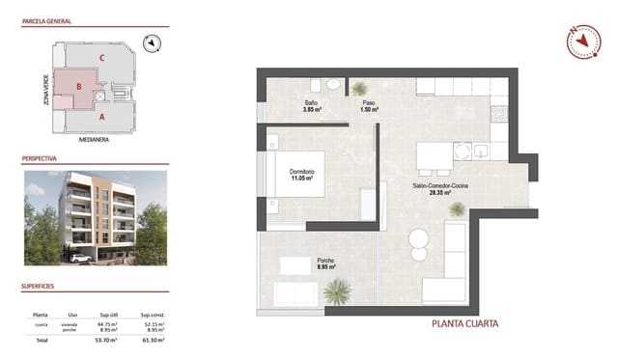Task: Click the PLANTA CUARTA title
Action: (x=464, y=323)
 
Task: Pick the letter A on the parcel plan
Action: (x=100, y=117)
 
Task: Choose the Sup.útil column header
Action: (x=107, y=315)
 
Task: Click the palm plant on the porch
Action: (x=337, y=290)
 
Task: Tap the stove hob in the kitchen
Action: (x=499, y=114)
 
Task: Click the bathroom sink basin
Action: (x=332, y=84)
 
